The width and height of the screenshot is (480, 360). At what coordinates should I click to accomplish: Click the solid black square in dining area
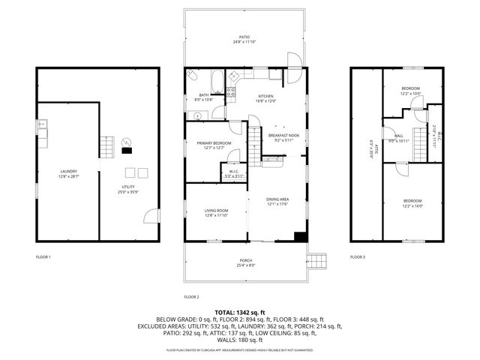click(x=301, y=237)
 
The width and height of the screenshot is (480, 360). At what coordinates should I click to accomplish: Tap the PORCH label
click(x=246, y=262)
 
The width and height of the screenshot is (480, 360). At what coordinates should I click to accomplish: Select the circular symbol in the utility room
click(x=125, y=142)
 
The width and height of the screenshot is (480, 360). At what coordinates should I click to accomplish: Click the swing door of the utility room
click(x=152, y=216)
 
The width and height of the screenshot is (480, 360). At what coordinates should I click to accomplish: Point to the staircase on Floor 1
click(x=109, y=145)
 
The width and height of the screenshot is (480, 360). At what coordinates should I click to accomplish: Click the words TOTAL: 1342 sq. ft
click(x=240, y=312)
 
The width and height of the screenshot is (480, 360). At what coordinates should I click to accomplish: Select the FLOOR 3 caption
click(x=358, y=257)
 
